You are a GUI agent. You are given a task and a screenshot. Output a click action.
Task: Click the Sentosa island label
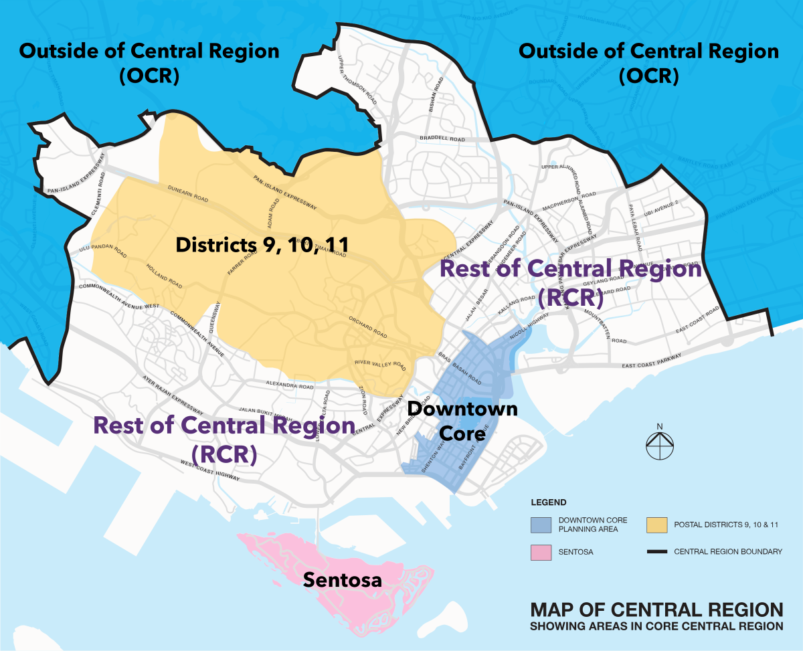point(343,579)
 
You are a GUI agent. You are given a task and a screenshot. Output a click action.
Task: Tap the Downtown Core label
point(462,420)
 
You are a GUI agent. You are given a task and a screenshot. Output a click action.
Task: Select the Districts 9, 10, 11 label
point(262,245)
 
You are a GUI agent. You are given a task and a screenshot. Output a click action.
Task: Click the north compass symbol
point(659,444)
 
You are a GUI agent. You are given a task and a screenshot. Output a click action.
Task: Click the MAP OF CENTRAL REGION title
point(656,610)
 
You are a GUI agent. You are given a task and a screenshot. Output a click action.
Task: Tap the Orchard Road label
point(367,325)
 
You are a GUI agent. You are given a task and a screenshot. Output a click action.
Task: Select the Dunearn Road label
point(189,194)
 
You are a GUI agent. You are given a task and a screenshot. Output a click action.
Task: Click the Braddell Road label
point(442,139)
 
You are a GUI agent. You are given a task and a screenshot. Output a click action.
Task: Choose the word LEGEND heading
point(549,502)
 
